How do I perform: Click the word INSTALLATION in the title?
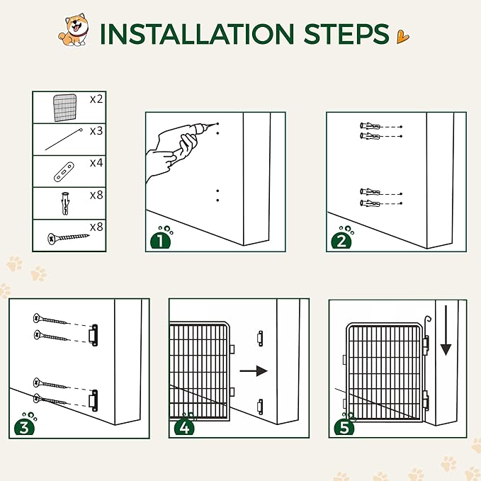(197, 33)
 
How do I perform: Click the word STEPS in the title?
(346, 33)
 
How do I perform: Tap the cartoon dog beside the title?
(74, 30)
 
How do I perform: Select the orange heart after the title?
(402, 37)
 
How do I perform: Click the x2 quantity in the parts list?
(96, 99)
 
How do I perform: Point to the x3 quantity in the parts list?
(96, 131)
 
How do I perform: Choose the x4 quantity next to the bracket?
(96, 163)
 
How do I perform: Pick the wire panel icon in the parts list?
(64, 108)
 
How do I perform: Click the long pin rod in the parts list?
(64, 140)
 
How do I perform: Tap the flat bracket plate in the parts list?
(64, 172)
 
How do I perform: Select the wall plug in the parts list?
(65, 203)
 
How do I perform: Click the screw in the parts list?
(68, 238)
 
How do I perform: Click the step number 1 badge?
(160, 240)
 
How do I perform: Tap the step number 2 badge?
(341, 240)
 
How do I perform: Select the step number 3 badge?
(25, 426)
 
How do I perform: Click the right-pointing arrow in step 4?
(254, 371)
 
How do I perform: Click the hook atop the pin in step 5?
(427, 319)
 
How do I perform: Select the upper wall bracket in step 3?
(94, 335)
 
